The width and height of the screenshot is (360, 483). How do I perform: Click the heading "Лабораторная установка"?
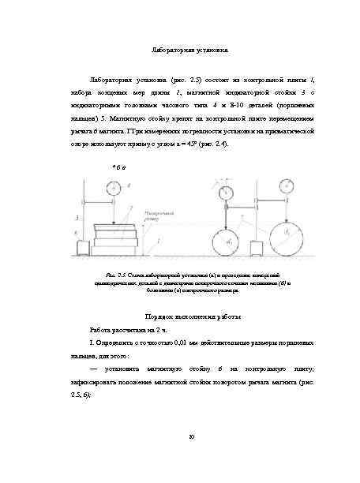[x=189, y=51]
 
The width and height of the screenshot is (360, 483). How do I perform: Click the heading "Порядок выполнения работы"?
[x=189, y=316]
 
